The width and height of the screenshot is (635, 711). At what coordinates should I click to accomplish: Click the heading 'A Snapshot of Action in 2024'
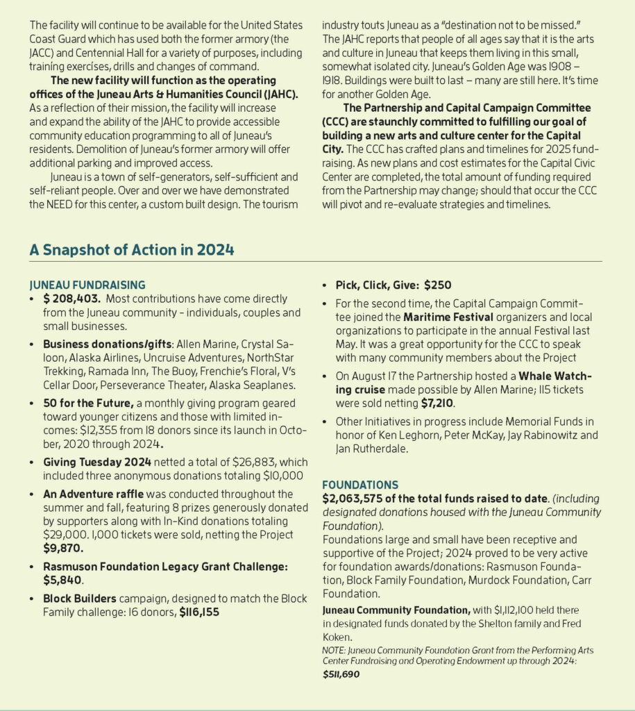(x=131, y=250)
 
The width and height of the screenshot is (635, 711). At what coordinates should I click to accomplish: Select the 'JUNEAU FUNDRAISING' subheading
(x=87, y=284)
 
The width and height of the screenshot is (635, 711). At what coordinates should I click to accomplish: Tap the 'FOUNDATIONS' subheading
(x=359, y=485)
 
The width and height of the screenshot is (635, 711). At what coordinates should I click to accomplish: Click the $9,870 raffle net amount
(x=62, y=547)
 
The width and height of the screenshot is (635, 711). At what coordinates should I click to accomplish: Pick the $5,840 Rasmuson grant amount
(x=62, y=579)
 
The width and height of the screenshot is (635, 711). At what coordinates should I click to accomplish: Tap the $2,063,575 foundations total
(x=362, y=499)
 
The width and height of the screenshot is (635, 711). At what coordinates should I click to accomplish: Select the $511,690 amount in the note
(x=341, y=674)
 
